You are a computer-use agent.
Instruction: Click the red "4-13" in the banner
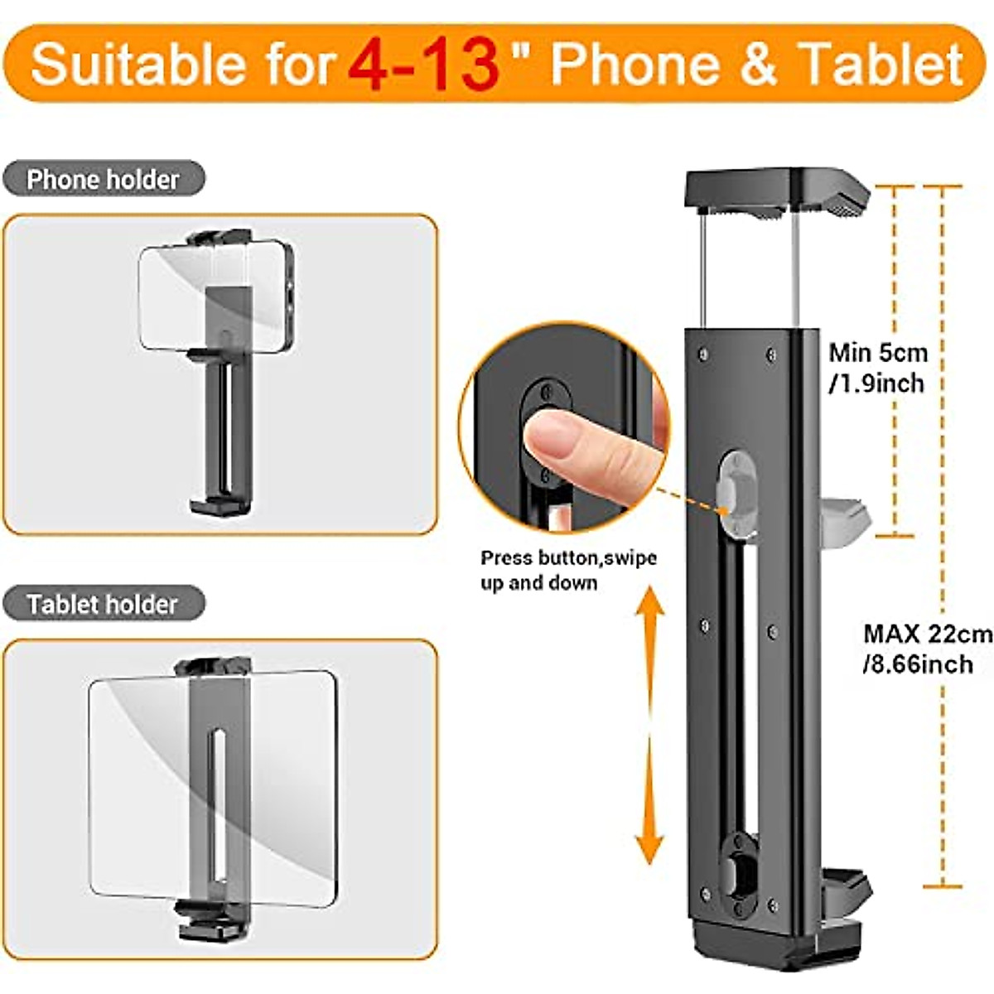tap(423, 65)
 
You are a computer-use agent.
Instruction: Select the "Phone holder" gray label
tap(103, 180)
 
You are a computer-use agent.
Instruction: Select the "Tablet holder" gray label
tap(103, 604)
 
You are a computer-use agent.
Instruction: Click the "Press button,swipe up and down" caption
tap(568, 570)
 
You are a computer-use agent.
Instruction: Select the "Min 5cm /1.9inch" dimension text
tap(878, 368)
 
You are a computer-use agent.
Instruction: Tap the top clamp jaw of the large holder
tap(776, 191)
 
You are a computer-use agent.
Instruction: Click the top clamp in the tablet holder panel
tap(212, 667)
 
